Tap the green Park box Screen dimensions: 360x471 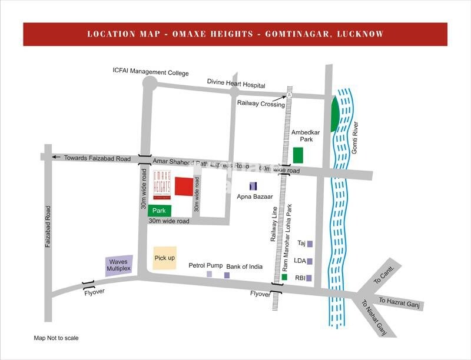coord(160,210)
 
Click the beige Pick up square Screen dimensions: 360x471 coord(164,258)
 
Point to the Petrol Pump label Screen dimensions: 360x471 coord(205,266)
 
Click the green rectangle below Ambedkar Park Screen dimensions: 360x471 coord(298,155)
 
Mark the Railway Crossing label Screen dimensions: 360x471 coord(261,104)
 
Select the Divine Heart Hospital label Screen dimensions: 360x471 coord(236,85)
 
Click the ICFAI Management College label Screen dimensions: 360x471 coord(151,73)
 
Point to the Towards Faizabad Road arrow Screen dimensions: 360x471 coord(56,157)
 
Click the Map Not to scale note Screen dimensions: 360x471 coord(57,338)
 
